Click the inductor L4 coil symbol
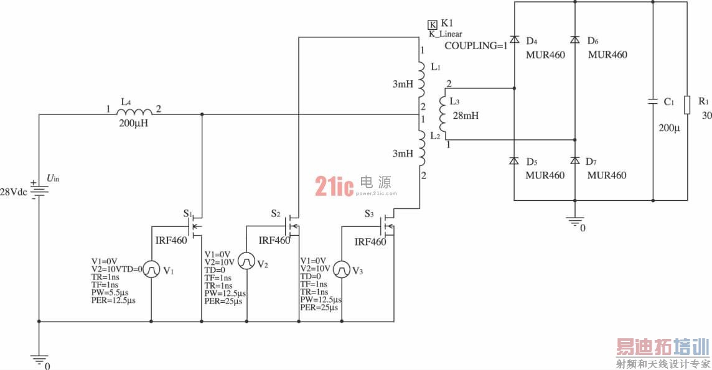(x=134, y=112)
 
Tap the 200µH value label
(x=133, y=123)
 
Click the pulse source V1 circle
(x=152, y=269)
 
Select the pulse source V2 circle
(x=246, y=261)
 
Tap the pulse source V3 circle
(x=342, y=270)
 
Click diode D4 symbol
(x=514, y=39)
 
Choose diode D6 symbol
(x=575, y=39)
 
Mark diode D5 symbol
(x=514, y=160)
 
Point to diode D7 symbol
(x=575, y=160)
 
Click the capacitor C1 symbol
(x=653, y=101)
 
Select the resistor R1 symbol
(x=688, y=105)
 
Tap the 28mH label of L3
(x=466, y=116)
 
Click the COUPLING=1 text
(x=475, y=46)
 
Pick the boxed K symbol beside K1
(x=433, y=24)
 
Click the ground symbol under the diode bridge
(x=575, y=221)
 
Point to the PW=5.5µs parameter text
(x=110, y=292)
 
